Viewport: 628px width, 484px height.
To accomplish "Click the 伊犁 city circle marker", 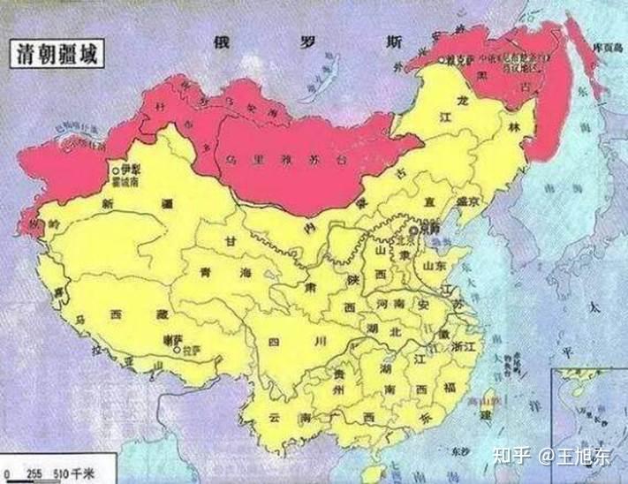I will [x=115, y=168].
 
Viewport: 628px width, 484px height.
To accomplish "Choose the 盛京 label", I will [x=465, y=200].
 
